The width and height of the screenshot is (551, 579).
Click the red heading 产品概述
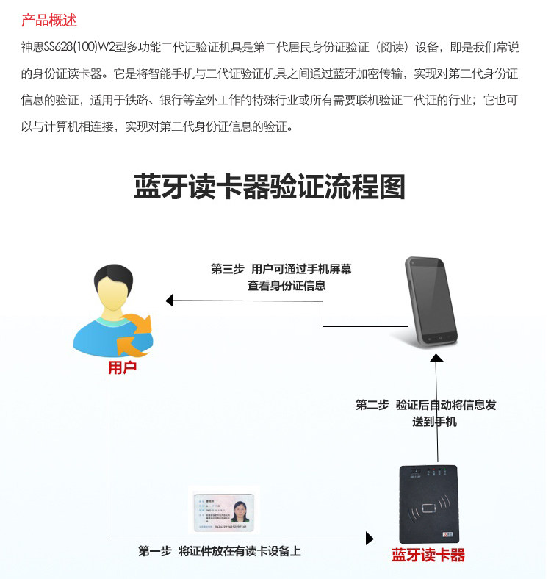click(x=49, y=20)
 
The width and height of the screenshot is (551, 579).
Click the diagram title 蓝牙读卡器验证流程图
click(x=269, y=187)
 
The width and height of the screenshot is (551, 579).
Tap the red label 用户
click(x=122, y=367)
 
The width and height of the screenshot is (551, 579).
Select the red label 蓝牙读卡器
click(x=428, y=555)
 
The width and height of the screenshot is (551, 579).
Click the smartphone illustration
click(x=431, y=301)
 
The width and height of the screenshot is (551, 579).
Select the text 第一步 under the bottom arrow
click(x=154, y=551)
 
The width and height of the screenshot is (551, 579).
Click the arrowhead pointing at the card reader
click(x=370, y=539)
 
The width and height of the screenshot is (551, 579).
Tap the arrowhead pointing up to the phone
click(x=436, y=357)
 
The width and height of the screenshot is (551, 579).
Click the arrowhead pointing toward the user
click(x=170, y=300)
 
